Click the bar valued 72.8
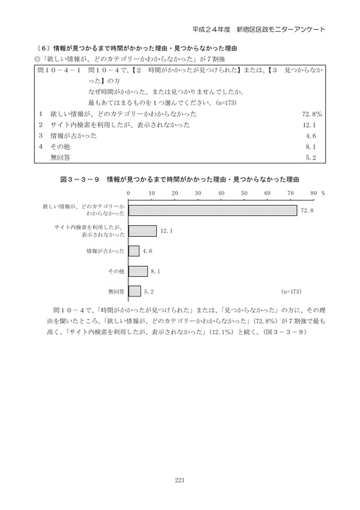[x=213, y=211]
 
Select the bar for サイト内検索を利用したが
[x=142, y=231]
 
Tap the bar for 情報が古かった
[x=134, y=251]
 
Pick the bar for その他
[x=138, y=271]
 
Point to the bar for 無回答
[x=134, y=291]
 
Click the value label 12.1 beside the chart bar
[x=165, y=231]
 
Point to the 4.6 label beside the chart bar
[x=147, y=251]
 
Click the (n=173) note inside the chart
[x=290, y=291]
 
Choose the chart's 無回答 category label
[x=115, y=291]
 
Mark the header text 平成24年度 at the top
[x=210, y=30]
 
